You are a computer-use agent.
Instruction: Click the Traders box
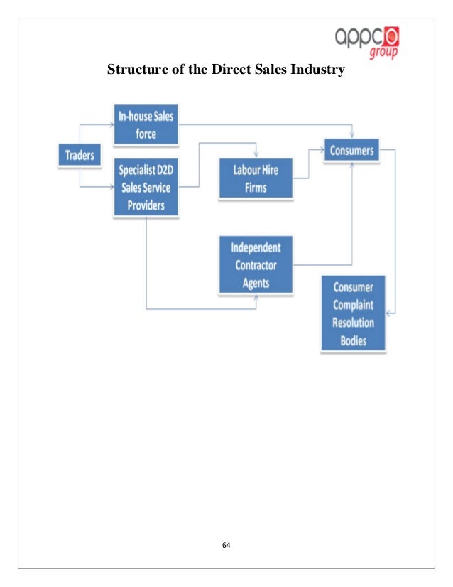coord(80,155)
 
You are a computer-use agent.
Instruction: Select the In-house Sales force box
coord(146,125)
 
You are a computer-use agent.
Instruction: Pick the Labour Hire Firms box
coord(255,179)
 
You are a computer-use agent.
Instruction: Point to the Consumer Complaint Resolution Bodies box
coord(353,313)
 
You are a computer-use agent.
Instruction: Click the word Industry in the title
coord(317,70)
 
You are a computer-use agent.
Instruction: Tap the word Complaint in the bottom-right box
coord(353,305)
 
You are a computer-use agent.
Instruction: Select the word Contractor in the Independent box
coord(255,266)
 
